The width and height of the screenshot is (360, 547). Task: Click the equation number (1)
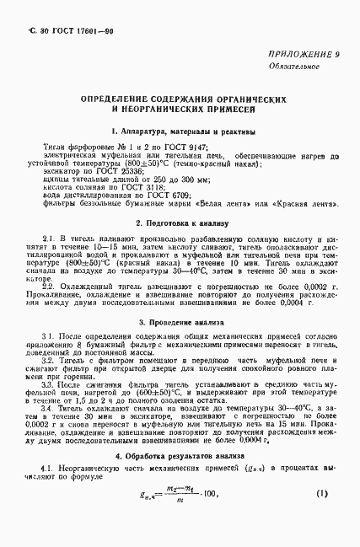click(320, 491)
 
